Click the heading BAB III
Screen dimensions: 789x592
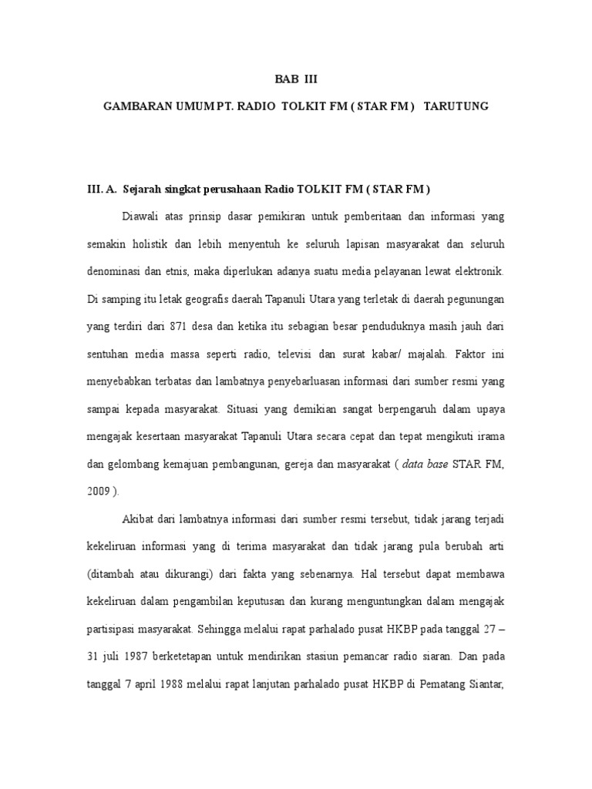[296, 79]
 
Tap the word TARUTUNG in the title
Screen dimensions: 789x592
[457, 107]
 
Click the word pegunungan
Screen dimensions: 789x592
[473, 298]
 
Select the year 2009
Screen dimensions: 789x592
[98, 491]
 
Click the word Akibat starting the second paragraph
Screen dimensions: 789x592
[139, 519]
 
